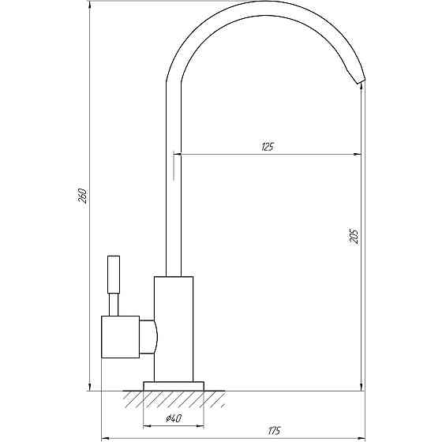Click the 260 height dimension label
(x=82, y=196)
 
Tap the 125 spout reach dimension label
(x=268, y=147)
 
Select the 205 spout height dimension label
(x=354, y=235)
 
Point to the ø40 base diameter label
(x=174, y=418)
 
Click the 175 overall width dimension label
(x=274, y=431)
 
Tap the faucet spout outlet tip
(x=361, y=81)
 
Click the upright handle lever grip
(x=114, y=275)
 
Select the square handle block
(x=120, y=337)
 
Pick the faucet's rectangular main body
(x=174, y=329)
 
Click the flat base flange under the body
(x=174, y=386)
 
